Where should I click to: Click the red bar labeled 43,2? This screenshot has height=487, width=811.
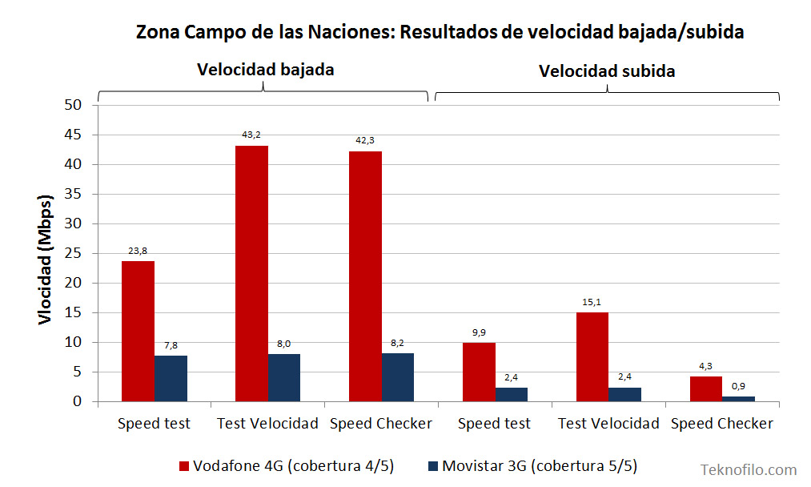tap(251, 273)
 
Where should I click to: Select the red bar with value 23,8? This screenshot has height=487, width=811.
tap(138, 331)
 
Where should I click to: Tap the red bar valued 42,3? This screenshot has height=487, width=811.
tap(365, 276)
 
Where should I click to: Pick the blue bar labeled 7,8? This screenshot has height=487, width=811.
tap(171, 378)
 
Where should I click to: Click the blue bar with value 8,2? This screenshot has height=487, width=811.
tap(398, 376)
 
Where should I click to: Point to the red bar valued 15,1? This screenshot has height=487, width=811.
tap(592, 356)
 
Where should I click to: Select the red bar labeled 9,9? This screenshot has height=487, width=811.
tap(479, 372)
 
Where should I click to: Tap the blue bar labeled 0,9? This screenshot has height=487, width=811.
tap(738, 398)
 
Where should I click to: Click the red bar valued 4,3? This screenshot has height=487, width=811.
tap(706, 388)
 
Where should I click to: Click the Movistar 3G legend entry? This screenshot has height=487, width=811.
tap(532, 466)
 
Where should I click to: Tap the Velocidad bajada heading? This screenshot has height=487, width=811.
tap(265, 70)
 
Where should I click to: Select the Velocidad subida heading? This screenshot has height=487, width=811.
tap(606, 71)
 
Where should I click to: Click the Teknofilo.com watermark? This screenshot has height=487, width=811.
tap(748, 470)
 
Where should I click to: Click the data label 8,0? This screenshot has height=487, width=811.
tap(283, 344)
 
